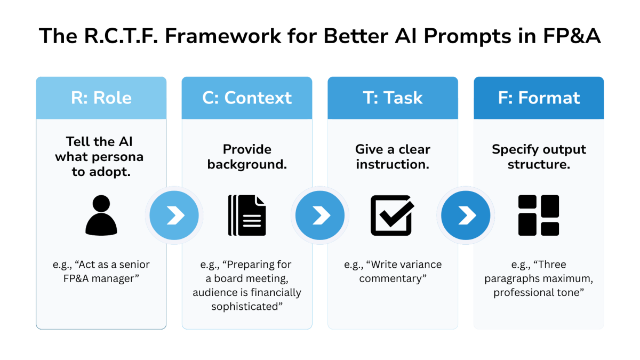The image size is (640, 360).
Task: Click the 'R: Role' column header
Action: click(x=101, y=98)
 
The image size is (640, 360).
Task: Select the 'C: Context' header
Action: click(x=247, y=98)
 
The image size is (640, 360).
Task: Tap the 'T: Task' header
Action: click(x=393, y=98)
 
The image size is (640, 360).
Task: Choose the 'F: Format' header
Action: click(x=539, y=98)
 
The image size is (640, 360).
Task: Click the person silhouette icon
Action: click(x=101, y=215)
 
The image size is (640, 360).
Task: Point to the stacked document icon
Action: click(x=247, y=215)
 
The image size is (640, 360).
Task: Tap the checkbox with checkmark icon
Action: click(x=393, y=215)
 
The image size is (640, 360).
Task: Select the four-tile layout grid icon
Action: click(x=539, y=215)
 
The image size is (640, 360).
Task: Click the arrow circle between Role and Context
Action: click(x=174, y=215)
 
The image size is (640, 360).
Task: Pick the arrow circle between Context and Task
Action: click(x=319, y=215)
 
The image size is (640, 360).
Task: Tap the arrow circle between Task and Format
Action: click(x=466, y=215)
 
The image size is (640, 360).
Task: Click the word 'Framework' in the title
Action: click(x=223, y=36)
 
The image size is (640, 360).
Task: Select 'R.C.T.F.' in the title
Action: click(x=121, y=36)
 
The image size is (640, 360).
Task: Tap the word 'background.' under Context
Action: click(x=247, y=165)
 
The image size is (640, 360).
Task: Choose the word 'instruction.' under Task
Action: click(x=393, y=164)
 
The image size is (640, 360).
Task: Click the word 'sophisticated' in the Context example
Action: click(x=245, y=307)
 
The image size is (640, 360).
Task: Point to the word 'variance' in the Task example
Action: click(x=415, y=265)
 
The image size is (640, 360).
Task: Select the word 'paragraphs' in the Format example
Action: click(x=513, y=279)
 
